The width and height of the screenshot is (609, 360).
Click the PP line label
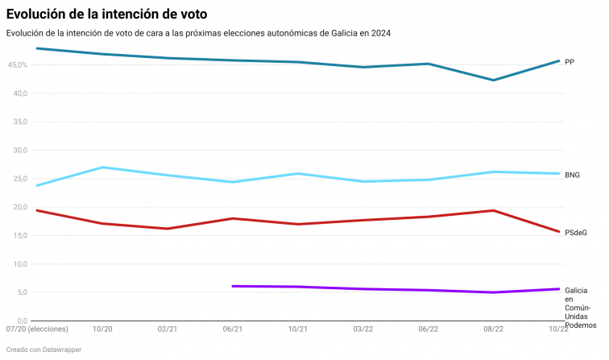569,61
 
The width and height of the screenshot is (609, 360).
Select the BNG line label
572,174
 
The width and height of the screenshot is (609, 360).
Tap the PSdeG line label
575,232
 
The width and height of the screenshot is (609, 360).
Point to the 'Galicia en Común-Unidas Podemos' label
578,307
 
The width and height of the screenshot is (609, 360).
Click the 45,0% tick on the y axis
17,64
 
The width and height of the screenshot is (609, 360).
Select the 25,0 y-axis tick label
20,178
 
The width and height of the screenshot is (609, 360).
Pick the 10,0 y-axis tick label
20,263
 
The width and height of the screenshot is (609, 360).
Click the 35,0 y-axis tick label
20,122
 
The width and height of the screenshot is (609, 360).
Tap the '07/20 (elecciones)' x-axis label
37,329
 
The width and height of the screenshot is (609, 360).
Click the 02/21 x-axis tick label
168,329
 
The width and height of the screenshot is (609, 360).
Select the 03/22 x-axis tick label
363,329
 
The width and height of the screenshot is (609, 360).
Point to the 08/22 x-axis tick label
494,329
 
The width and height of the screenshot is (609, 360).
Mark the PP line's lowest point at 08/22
493,80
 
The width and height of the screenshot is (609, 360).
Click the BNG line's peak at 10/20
102,168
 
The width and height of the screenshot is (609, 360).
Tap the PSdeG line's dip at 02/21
168,228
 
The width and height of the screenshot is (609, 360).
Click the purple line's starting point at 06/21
233,286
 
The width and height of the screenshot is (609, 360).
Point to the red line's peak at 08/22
493,210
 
